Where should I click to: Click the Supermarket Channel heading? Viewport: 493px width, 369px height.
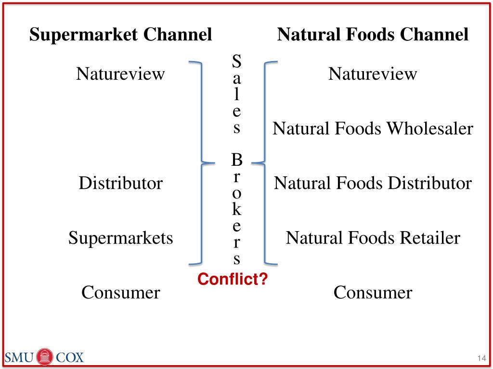coord(120,35)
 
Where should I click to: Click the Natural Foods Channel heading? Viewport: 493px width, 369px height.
coord(373,35)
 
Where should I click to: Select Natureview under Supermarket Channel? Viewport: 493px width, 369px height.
coord(120,74)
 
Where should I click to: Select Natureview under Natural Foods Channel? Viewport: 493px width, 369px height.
coord(373,74)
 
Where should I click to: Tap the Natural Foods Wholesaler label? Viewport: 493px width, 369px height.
coord(373,129)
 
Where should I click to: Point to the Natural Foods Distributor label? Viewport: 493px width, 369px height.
coord(373,183)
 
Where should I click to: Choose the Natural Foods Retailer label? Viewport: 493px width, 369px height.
coord(373,238)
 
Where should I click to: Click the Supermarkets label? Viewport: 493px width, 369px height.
coord(120,238)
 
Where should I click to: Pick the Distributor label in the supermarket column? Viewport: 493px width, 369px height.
coord(120,183)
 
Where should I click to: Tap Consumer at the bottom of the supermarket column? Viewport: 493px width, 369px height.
coord(120,292)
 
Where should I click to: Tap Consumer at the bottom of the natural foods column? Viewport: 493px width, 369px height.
coord(373,292)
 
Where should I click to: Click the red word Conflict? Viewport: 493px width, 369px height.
coord(233,279)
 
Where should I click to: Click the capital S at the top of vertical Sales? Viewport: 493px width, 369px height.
coord(236,61)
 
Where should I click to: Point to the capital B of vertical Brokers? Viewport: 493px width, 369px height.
coord(236,160)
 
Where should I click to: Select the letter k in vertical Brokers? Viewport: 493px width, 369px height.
coord(236,209)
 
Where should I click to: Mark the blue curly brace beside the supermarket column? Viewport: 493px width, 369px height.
coord(200,162)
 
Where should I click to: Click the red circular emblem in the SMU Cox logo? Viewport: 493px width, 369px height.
coord(45,357)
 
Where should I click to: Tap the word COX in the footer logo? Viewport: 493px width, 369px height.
coord(70,357)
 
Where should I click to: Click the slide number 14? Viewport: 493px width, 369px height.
coord(480,358)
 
